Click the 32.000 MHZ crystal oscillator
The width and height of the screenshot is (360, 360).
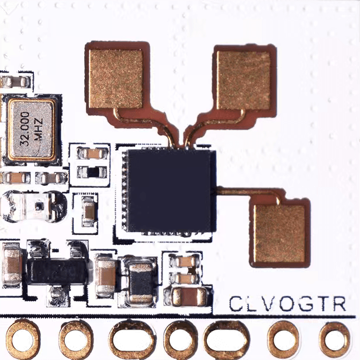pos(32,130)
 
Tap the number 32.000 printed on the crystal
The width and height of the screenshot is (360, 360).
pos(25,129)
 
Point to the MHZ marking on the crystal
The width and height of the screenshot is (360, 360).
pos(38,129)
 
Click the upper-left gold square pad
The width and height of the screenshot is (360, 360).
pos(116,79)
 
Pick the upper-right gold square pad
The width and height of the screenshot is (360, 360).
pos(243,80)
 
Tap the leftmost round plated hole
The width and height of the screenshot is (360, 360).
pos(23,340)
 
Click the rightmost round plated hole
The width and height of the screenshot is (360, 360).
pos(334,340)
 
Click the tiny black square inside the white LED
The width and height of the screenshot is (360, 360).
pos(39,206)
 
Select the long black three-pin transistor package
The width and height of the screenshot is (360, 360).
pos(57,271)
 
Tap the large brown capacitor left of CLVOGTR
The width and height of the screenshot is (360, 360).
pos(189,297)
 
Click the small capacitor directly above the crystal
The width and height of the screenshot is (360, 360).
pos(16,81)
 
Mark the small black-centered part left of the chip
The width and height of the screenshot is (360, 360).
pos(92,172)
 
